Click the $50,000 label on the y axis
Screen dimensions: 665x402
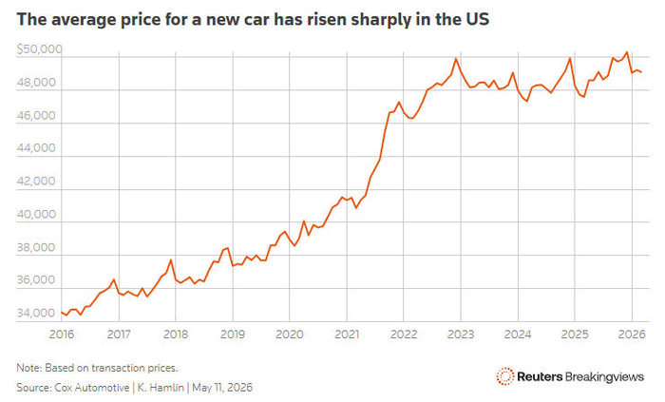tap(40, 49)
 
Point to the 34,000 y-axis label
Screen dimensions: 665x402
tap(36, 313)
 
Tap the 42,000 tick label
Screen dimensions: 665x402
tap(36, 182)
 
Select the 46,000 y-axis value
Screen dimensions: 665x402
tap(36, 115)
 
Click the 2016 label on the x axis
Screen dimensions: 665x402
tap(62, 335)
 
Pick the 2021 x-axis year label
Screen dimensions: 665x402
tap(347, 335)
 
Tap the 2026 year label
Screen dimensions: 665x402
tap(632, 335)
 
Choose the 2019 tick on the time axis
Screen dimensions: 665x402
tap(233, 335)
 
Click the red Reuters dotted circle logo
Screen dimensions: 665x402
tap(505, 376)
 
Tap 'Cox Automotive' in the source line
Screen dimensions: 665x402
tap(92, 388)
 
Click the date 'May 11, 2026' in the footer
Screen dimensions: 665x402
tap(222, 388)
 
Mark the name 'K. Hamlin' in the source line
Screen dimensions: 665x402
tap(161, 388)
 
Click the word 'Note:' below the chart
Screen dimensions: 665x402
tap(29, 368)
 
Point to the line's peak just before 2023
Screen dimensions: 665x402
tap(456, 59)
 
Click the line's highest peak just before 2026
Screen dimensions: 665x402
tap(627, 52)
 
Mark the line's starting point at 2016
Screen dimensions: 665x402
tap(62, 312)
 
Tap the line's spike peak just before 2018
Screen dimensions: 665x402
tap(170, 260)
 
